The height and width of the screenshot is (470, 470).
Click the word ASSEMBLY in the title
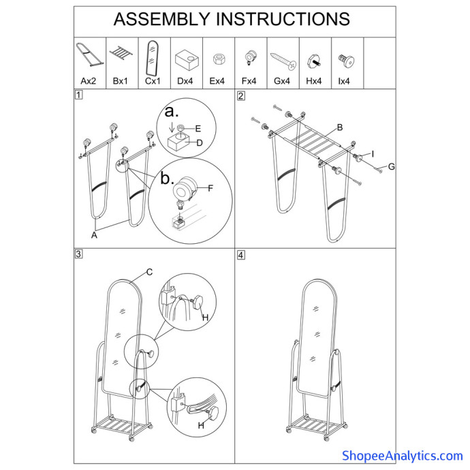(x=161, y=19)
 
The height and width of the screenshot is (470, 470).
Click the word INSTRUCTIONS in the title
(x=283, y=19)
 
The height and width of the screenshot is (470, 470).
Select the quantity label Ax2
(x=89, y=81)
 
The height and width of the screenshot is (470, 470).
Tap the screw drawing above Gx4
(x=283, y=61)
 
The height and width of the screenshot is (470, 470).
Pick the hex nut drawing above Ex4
(x=217, y=59)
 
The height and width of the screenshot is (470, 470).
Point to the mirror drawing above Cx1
(x=152, y=58)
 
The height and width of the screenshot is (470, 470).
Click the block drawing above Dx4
(x=187, y=60)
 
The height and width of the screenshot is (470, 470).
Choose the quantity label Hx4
(x=314, y=81)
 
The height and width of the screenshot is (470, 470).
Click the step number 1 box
(x=78, y=95)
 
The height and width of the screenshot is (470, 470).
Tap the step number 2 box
(x=240, y=96)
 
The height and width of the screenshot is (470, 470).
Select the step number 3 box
(x=78, y=254)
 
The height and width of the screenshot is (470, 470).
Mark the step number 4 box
(x=240, y=255)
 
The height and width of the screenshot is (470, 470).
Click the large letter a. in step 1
(x=172, y=112)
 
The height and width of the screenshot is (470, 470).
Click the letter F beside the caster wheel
(x=210, y=188)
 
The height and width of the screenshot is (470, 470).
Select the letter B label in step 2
(x=340, y=127)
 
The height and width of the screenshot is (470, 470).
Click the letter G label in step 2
(x=391, y=167)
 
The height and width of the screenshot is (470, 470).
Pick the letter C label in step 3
(x=149, y=272)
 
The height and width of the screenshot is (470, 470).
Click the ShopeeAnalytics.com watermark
(x=403, y=456)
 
